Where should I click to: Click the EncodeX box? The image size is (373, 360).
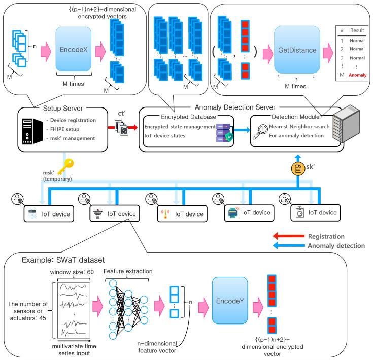pos(76,51)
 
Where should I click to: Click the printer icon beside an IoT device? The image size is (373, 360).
pos(232,213)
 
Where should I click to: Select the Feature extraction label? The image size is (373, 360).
pos(128,272)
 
